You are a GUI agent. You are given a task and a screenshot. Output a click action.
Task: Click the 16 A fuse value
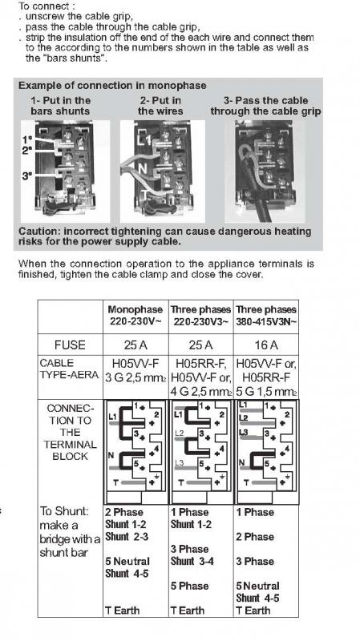click(x=266, y=345)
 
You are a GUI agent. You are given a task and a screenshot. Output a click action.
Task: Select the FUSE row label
click(x=70, y=345)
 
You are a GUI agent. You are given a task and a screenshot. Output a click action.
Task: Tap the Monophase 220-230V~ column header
click(x=136, y=315)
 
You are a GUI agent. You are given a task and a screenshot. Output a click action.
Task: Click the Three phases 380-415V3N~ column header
click(x=266, y=315)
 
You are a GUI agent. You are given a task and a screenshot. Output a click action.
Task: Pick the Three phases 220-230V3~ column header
click(x=201, y=315)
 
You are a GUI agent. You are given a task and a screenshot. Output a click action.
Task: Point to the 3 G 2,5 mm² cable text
click(x=136, y=377)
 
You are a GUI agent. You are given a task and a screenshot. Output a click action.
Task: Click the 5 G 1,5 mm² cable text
click(x=266, y=391)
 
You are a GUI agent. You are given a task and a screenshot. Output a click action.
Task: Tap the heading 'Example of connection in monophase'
click(x=112, y=86)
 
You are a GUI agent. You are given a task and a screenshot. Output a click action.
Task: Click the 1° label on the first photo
click(x=27, y=139)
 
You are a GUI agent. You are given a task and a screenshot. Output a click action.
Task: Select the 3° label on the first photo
click(x=27, y=176)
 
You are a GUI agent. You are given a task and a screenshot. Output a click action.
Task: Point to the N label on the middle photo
click(x=143, y=168)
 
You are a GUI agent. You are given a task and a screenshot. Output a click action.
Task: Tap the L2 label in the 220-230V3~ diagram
click(x=180, y=433)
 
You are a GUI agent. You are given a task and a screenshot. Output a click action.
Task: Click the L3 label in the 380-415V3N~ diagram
click(x=244, y=433)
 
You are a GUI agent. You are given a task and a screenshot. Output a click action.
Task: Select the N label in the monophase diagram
click(x=111, y=455)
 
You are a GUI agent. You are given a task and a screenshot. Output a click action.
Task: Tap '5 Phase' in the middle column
click(x=189, y=586)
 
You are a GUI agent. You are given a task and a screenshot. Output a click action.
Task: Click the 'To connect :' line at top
click(x=43, y=6)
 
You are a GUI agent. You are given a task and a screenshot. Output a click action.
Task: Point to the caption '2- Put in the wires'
click(x=160, y=106)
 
